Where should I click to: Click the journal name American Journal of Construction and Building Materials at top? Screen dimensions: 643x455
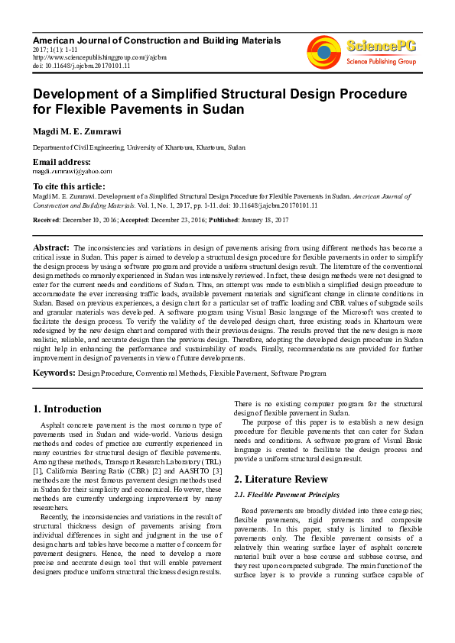coord(156,40)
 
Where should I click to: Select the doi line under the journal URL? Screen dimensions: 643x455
coord(81,66)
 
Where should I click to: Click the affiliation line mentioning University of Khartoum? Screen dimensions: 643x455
coord(138,147)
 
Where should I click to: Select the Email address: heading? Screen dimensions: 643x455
coord(61,162)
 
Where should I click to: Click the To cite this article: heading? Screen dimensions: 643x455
coord(68,186)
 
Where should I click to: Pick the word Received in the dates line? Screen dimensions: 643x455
coord(47,219)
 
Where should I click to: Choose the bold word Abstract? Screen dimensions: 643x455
coord(51,248)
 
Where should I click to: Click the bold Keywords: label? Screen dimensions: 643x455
coord(54,373)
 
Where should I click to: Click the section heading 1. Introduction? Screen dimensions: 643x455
coord(68,409)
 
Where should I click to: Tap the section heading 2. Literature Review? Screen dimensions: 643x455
coord(281,479)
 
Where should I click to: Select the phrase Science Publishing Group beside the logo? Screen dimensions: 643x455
coord(381,60)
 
